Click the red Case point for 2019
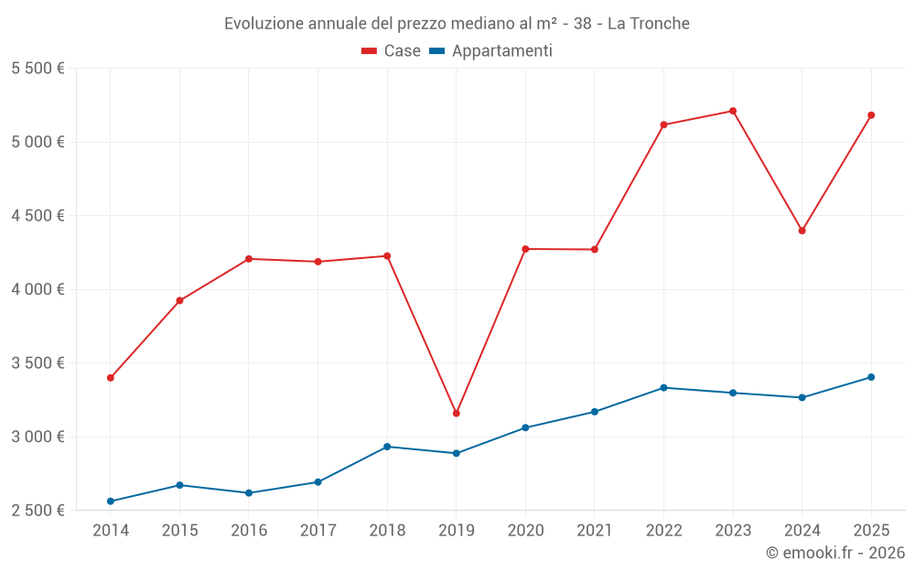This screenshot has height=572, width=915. (x=456, y=414)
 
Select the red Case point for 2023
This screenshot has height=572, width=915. (x=733, y=111)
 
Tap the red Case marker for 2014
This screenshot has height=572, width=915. (x=111, y=378)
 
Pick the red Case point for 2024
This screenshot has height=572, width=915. (x=802, y=231)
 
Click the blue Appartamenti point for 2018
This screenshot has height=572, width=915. (x=387, y=447)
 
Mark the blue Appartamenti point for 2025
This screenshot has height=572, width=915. (x=871, y=377)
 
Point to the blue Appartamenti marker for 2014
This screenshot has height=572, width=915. (x=111, y=502)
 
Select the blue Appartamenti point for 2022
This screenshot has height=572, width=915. (x=663, y=388)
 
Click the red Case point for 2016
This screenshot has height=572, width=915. (x=249, y=259)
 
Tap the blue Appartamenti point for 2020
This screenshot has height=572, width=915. (x=525, y=427)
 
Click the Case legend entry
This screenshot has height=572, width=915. (x=392, y=51)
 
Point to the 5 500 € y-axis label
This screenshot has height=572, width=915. (x=38, y=69)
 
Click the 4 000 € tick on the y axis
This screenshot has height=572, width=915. (x=38, y=289)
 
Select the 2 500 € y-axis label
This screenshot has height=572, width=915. (x=38, y=510)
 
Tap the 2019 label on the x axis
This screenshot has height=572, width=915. (x=456, y=530)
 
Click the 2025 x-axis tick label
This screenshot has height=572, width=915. (x=871, y=530)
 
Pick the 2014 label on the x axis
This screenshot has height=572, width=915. (x=111, y=530)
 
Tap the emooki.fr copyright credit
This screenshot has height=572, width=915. (x=835, y=553)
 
